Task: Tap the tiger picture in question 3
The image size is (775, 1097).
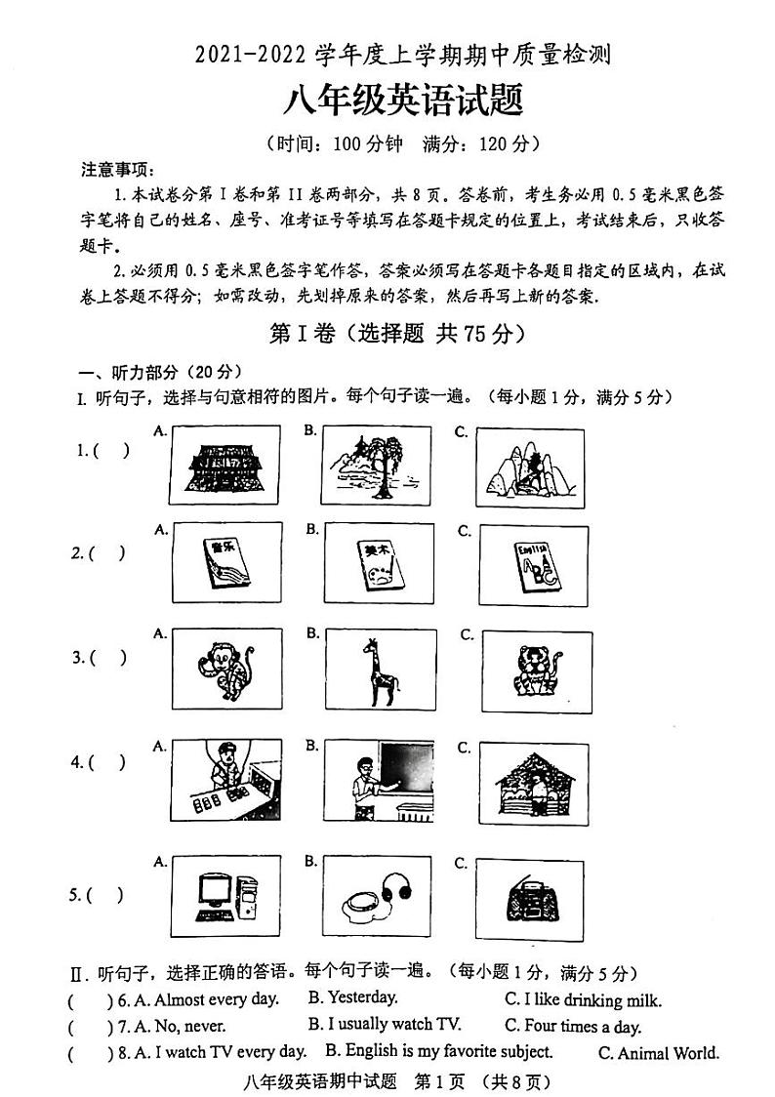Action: pos(535,671)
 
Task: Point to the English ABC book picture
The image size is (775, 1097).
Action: pos(531,564)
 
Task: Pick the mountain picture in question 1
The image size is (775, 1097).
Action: pos(529,467)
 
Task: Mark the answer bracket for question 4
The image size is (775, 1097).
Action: pos(106,763)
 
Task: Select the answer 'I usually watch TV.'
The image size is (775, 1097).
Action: pos(385,1025)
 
